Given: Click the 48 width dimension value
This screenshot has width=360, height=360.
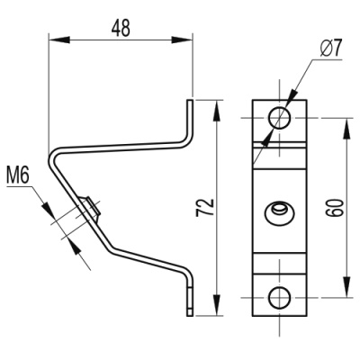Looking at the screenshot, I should [119, 27].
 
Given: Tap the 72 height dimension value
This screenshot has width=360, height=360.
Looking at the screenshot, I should [206, 208].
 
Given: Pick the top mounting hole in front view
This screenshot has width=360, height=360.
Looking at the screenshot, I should [279, 118].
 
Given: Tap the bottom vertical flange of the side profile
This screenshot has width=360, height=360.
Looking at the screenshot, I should [190, 297].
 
